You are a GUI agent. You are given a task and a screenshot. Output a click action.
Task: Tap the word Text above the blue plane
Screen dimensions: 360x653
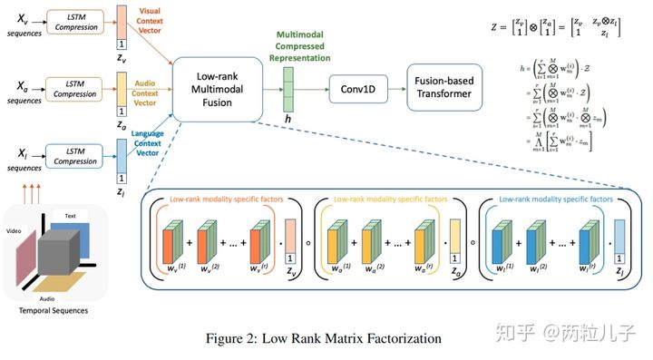click(70, 216)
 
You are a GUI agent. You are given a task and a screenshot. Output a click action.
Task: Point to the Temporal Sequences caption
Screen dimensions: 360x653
click(56, 310)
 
